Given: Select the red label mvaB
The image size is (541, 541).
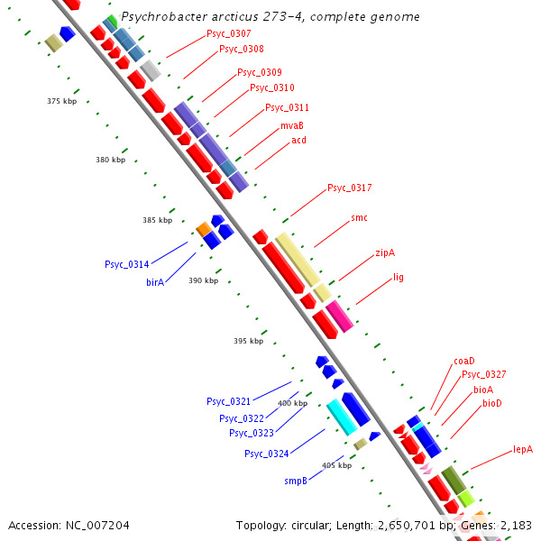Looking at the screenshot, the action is [291, 126].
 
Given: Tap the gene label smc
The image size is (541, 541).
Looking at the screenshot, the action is [359, 218].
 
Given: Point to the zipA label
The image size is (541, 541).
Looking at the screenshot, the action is [385, 253].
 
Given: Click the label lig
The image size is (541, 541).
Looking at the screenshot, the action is [399, 278].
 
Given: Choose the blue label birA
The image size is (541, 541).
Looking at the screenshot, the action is [155, 282].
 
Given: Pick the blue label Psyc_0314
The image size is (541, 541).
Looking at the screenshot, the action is [126, 265].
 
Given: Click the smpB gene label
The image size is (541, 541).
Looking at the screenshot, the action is [297, 481].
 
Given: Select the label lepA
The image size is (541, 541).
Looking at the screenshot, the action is [523, 449].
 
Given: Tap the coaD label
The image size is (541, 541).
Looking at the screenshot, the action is [464, 362].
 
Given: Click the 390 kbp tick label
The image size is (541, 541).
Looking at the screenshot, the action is [203, 280].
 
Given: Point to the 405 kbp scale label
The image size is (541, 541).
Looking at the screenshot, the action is [336, 465].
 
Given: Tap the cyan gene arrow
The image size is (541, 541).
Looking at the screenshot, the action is [342, 417].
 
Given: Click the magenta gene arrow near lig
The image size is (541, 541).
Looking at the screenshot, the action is [339, 316].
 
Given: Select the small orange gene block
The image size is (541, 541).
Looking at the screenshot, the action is [203, 230].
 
